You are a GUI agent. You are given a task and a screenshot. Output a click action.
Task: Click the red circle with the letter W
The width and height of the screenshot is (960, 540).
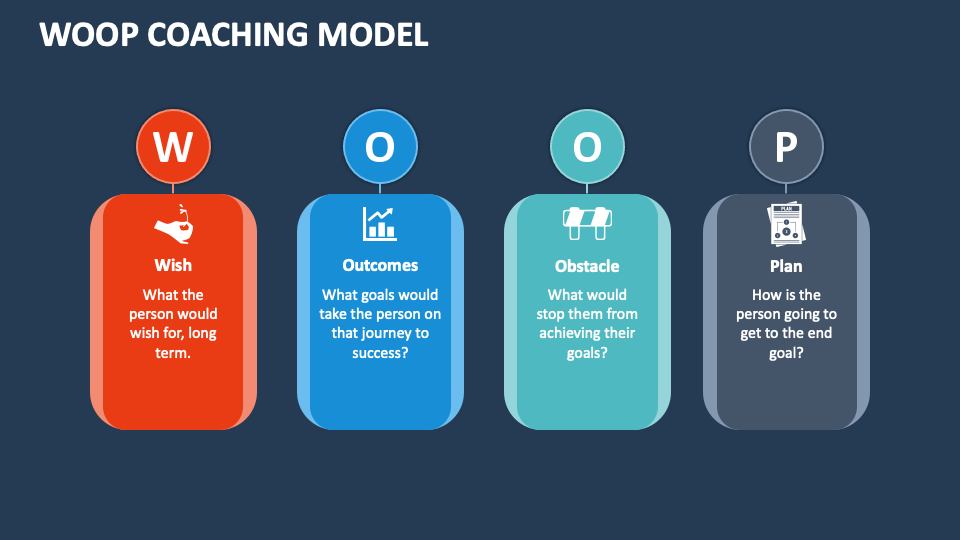[x=173, y=147]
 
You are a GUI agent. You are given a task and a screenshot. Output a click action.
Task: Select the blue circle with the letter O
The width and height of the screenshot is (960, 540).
[x=380, y=147]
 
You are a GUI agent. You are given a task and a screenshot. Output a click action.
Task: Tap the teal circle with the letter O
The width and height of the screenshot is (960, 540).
[x=587, y=147]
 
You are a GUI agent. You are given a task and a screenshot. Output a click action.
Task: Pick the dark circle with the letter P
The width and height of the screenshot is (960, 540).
[x=786, y=147]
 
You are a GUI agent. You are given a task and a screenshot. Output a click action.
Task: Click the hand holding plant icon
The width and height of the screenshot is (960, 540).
[x=173, y=224]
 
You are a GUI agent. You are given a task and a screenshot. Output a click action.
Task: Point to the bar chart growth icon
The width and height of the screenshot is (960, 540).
[x=380, y=224]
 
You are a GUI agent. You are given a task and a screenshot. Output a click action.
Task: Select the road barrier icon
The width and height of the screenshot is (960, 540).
[x=587, y=224]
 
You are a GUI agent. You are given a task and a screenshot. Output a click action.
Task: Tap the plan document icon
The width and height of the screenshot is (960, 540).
[x=786, y=224]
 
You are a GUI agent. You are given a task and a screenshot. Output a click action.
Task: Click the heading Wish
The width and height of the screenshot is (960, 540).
[x=173, y=265]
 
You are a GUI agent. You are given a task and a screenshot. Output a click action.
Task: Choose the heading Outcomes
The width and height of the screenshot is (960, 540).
[x=380, y=265]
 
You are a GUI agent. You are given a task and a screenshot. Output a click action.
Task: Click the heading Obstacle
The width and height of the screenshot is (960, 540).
[x=587, y=266]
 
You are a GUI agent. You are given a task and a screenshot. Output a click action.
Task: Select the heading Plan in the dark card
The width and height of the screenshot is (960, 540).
[x=786, y=266]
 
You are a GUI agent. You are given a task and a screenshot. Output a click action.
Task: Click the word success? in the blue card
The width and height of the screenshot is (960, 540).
[x=380, y=352]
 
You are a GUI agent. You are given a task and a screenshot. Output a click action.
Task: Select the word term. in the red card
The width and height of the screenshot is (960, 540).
[x=173, y=352]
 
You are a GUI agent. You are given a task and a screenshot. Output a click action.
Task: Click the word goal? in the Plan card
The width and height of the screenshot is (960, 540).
[x=786, y=352]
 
